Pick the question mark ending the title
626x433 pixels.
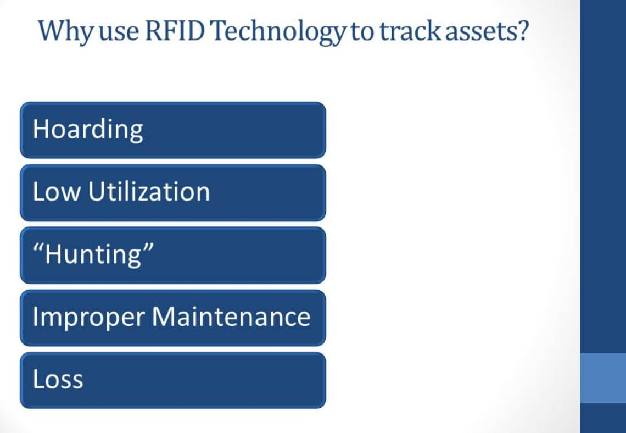pyautogui.click(x=522, y=31)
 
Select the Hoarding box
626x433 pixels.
pyautogui.click(x=172, y=130)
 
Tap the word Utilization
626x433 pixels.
pyautogui.click(x=149, y=192)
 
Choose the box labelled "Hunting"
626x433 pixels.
pyautogui.click(x=172, y=255)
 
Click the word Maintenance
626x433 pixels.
pyautogui.click(x=231, y=317)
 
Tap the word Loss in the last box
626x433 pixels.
pyautogui.click(x=58, y=380)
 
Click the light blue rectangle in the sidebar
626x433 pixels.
pyautogui.click(x=603, y=378)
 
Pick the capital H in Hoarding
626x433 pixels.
pyautogui.click(x=40, y=129)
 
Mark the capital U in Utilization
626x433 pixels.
pyautogui.click(x=95, y=192)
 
